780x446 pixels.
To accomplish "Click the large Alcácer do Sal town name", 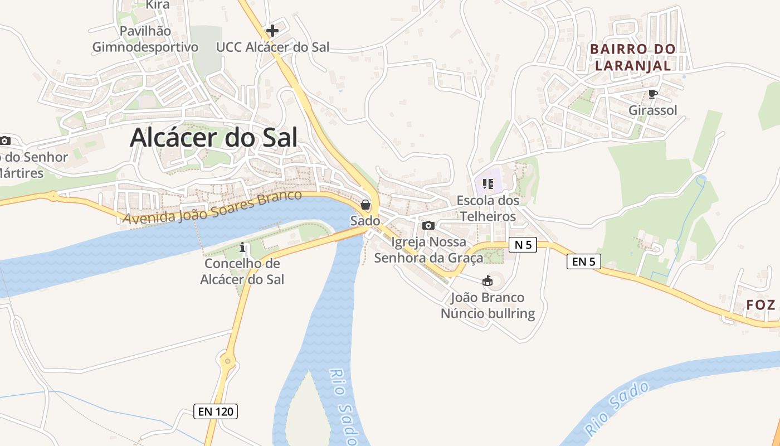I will coord(213,137).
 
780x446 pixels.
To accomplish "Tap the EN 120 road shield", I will coord(216,412).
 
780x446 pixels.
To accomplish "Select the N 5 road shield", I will coord(522,244).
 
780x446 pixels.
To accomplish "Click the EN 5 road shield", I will coord(583,261).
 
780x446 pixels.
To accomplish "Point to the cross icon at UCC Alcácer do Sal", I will coord(272,30).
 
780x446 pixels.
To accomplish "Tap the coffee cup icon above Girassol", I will coord(652,94).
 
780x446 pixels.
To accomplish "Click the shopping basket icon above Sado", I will coord(365,205).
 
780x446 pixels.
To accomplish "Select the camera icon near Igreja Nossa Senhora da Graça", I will coord(428,225).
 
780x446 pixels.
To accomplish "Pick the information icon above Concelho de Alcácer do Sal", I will coord(242,246).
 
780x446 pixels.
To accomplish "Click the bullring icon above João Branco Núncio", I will coord(487,280).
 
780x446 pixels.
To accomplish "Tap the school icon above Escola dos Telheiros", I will coord(488,183).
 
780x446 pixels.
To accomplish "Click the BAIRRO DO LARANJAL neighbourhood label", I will coord(632,57).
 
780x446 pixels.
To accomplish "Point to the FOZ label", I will coord(761,305).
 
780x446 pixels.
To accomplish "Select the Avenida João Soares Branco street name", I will coord(212,208).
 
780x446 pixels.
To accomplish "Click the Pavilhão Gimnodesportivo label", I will coord(145,39).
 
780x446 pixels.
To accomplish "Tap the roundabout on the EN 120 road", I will coord(227,361).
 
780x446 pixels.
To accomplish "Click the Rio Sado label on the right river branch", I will coord(617,408).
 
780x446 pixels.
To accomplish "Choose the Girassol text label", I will coord(652,110).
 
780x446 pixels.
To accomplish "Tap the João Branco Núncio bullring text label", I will coord(487,306).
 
